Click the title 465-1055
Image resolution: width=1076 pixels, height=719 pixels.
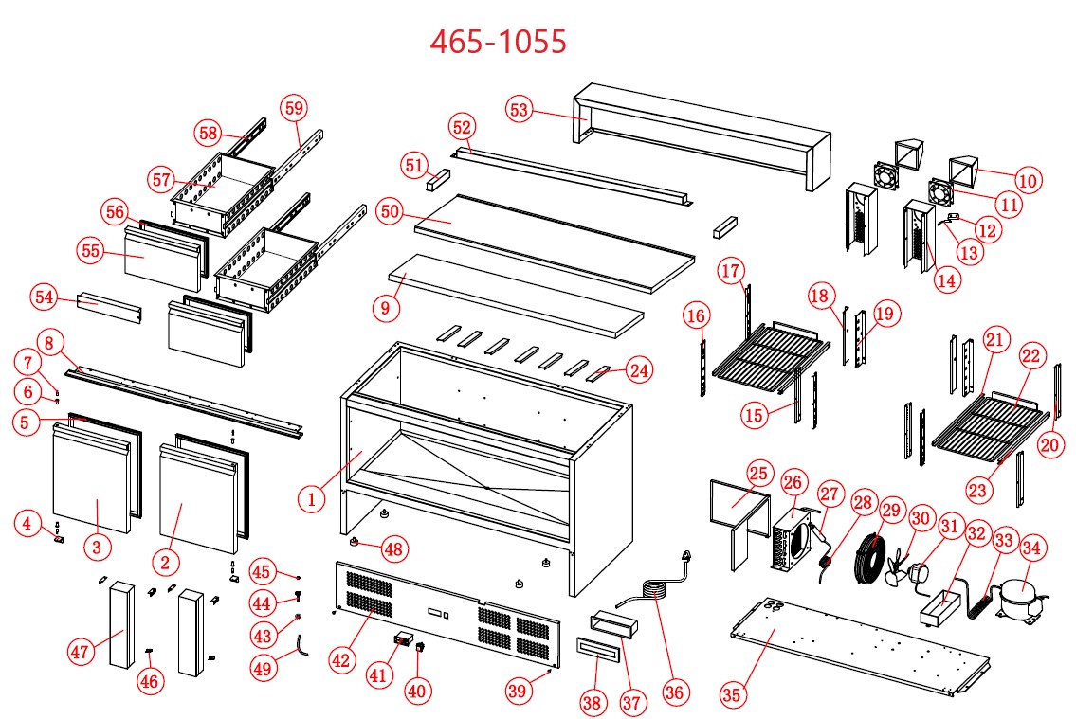pyautogui.click(x=498, y=41)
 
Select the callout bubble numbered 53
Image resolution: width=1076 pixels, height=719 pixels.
pyautogui.click(x=519, y=110)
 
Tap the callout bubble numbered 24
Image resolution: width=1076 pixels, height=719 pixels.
pyautogui.click(x=641, y=372)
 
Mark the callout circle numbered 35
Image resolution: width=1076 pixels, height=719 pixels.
pyautogui.click(x=731, y=694)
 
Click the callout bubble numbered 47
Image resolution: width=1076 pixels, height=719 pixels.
pyautogui.click(x=82, y=651)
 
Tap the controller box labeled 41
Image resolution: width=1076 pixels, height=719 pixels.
pyautogui.click(x=405, y=641)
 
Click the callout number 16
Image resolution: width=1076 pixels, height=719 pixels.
pyautogui.click(x=696, y=314)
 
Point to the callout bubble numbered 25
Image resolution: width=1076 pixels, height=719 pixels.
pyautogui.click(x=757, y=473)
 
